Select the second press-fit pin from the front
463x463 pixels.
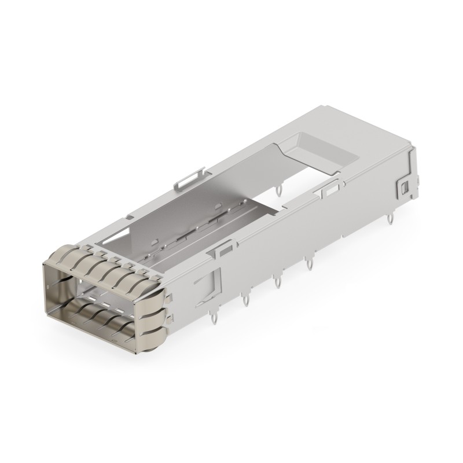245,300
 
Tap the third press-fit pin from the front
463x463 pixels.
278,282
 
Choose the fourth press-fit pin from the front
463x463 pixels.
310,264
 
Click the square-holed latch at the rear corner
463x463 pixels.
404,186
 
